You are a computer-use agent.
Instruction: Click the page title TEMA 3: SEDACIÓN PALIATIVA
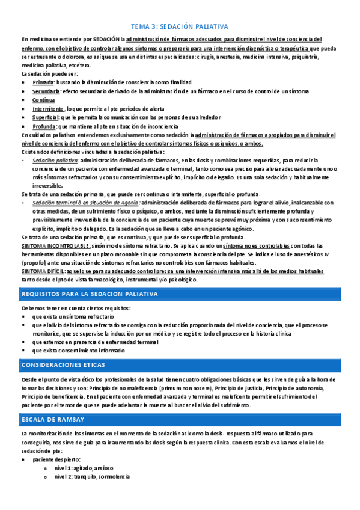point(180,27)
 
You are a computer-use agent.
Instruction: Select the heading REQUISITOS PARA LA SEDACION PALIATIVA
point(89,294)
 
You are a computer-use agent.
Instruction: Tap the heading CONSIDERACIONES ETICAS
point(63,365)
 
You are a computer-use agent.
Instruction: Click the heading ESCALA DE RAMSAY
point(52,419)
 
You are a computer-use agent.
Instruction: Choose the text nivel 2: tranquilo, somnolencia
point(91,477)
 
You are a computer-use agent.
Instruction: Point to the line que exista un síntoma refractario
point(73,316)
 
